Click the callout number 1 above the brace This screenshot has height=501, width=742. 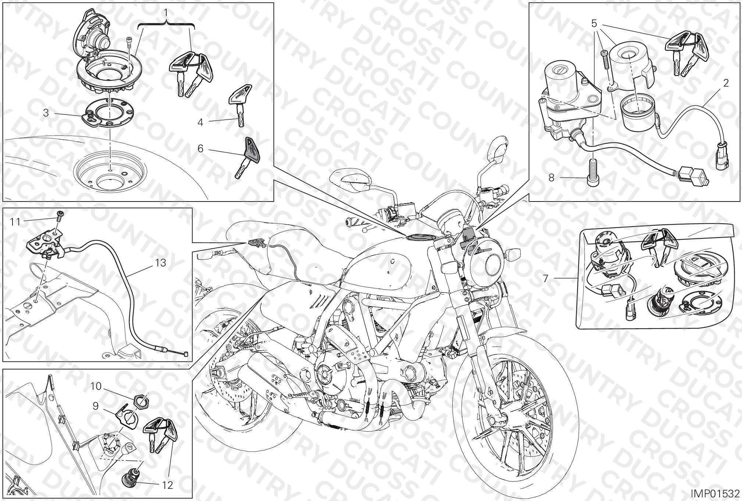(x=166, y=13)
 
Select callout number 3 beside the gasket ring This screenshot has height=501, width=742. (x=46, y=113)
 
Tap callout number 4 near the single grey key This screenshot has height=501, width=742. (x=200, y=122)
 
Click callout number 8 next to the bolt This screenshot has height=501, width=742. (x=551, y=178)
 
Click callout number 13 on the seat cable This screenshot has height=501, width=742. (x=161, y=263)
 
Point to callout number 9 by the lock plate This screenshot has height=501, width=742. (x=95, y=406)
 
